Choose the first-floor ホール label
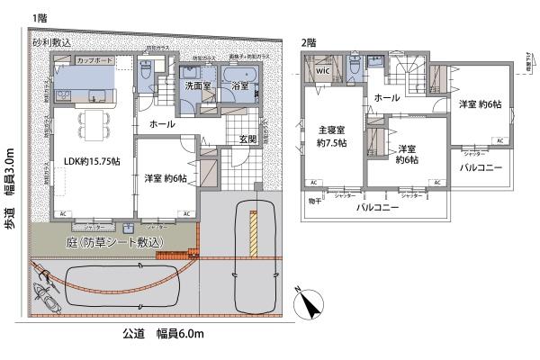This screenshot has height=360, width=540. pyautogui.click(x=162, y=123)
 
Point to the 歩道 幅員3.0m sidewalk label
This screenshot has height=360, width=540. pyautogui.click(x=12, y=191)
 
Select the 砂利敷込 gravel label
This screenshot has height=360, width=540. pyautogui.click(x=50, y=42)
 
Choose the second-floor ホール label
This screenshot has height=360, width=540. pyautogui.click(x=386, y=97)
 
